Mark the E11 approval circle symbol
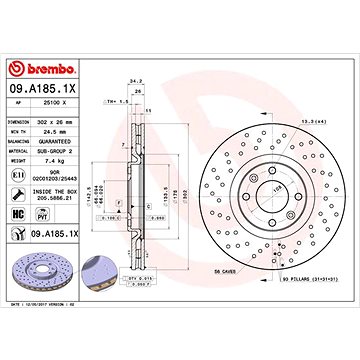(x=22, y=173)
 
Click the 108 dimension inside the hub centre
(x=277, y=184)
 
